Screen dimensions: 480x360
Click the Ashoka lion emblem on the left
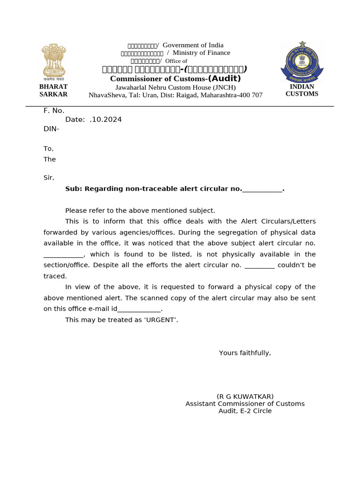point(53,61)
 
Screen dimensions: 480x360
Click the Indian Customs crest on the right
point(302,62)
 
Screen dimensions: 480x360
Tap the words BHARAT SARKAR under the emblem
point(53,90)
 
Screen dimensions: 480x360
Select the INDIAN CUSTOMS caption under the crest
point(302,90)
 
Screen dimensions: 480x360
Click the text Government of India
point(193,45)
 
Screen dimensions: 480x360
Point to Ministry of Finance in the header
point(202,53)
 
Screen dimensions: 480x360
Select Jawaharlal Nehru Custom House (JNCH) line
point(175,87)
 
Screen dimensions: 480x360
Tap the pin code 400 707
point(250,95)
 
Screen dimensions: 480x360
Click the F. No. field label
point(54,111)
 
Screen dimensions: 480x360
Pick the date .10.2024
point(105,120)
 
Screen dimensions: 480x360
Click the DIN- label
point(52,128)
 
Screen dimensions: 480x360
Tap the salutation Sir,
point(49,178)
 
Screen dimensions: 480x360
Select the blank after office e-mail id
point(139,309)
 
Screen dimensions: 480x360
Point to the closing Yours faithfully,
point(245,353)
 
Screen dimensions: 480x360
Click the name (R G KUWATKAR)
point(245,397)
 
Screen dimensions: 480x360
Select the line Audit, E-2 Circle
point(245,411)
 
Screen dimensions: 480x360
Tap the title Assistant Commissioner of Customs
point(245,404)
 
